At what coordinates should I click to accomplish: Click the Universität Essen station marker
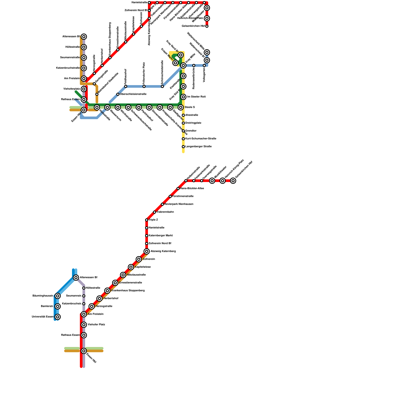58,317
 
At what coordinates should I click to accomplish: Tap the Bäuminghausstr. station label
43,296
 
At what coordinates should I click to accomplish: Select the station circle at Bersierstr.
58,306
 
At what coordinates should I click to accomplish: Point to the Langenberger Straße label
199,147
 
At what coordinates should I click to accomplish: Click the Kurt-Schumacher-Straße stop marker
183,139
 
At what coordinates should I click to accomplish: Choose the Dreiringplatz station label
193,123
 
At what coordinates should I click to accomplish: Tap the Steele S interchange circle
181,107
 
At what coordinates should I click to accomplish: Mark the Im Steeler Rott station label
196,97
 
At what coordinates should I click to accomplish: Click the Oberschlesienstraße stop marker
118,94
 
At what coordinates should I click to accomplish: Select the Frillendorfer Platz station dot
144,86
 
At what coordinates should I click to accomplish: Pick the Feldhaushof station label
126,76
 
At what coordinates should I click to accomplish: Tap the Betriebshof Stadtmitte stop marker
97,94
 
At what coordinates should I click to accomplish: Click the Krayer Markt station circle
175,63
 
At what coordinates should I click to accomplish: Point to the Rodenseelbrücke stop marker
194,65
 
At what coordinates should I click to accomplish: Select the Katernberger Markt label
161,236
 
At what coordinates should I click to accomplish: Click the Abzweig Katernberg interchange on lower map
147,251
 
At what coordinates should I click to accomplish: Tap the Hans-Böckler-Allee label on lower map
192,189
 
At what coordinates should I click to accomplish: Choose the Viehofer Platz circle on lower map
84,325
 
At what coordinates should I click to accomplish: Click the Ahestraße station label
192,115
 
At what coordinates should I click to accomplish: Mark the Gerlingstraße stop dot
94,84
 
